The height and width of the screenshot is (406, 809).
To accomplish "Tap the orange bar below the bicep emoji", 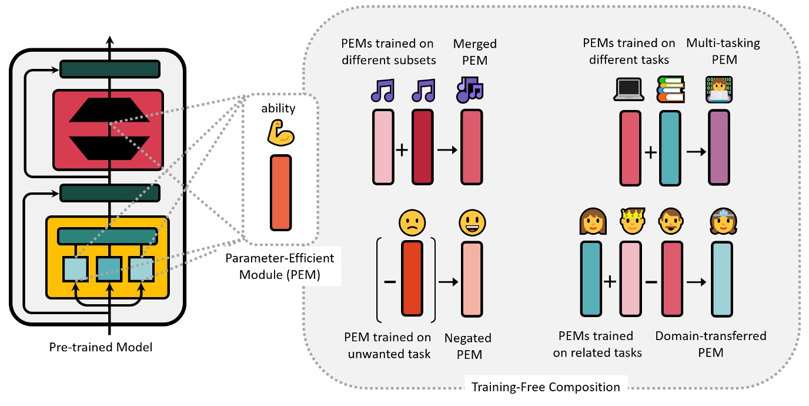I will point(280,192).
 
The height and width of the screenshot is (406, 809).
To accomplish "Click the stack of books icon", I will point(671,91).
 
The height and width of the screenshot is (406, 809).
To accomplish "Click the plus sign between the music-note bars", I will point(402,149).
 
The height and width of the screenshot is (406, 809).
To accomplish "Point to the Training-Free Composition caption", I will point(547,387).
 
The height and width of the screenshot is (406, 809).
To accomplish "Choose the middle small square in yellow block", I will point(109,269).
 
